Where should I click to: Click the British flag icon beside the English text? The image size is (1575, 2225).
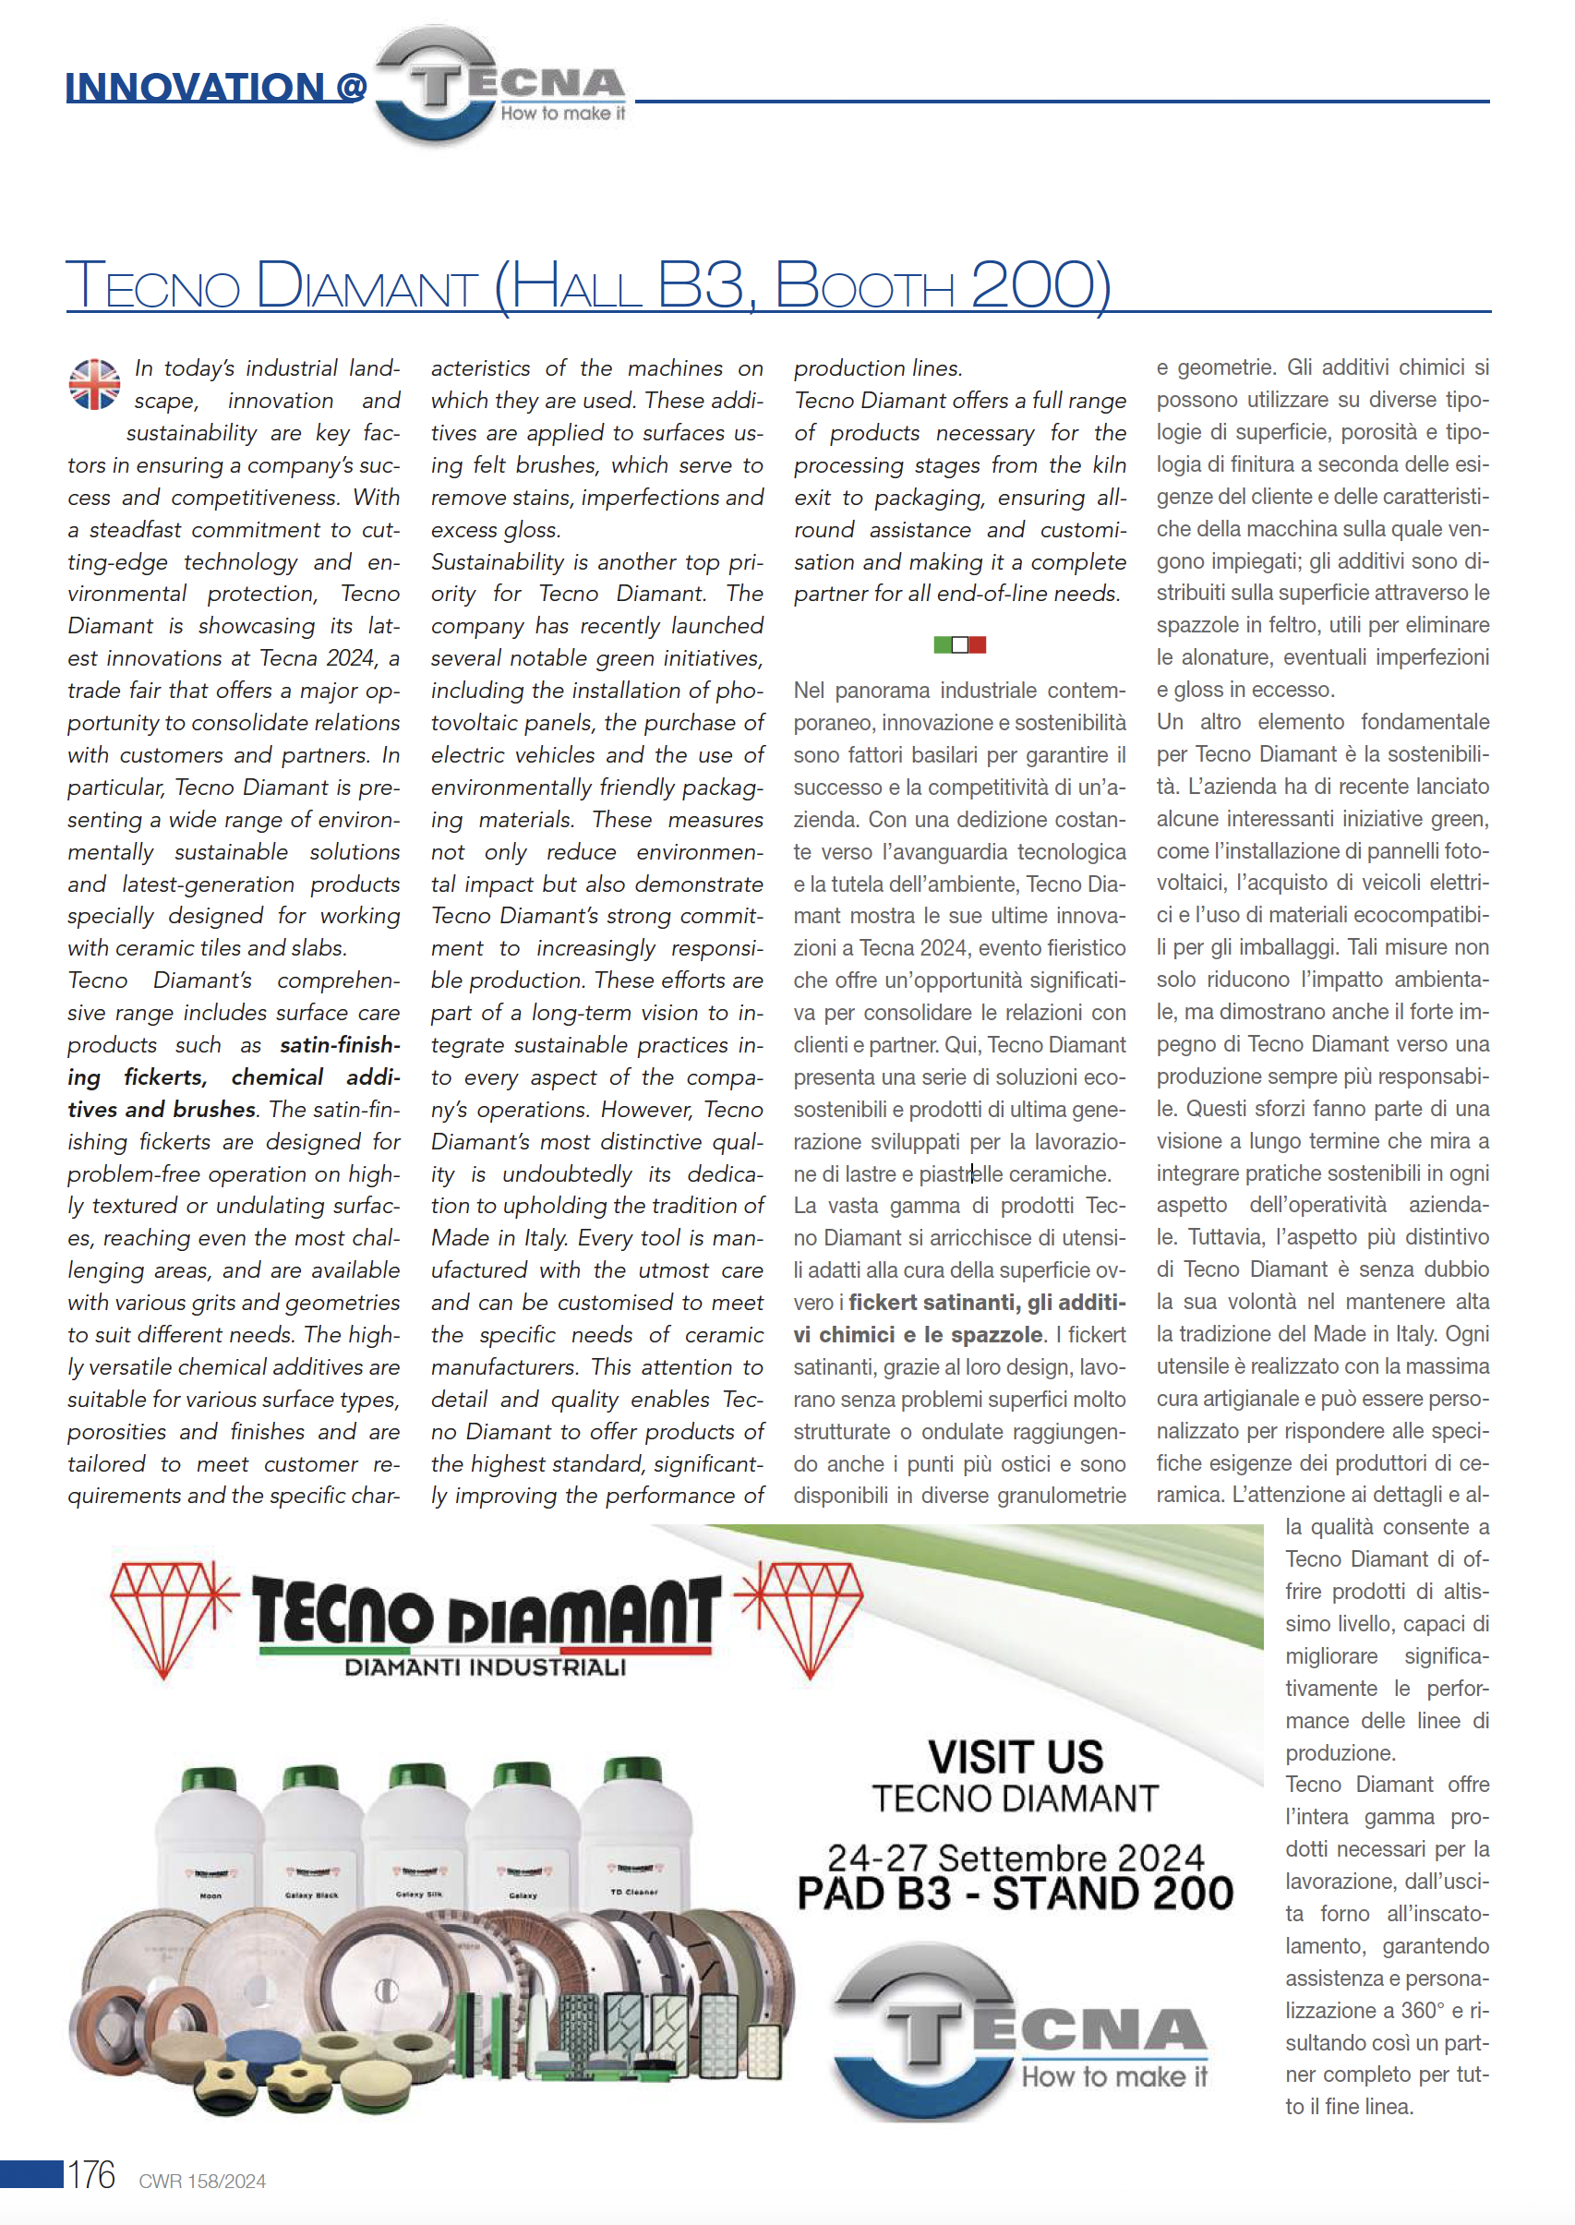tap(94, 384)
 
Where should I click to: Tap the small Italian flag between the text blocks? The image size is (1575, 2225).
tap(959, 645)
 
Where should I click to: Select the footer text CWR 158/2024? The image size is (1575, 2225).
tap(202, 2182)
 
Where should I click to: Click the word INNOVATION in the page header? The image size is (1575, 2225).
tap(195, 88)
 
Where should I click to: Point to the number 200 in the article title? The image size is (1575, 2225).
tap(1032, 285)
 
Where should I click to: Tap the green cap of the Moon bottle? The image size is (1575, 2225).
tap(209, 1780)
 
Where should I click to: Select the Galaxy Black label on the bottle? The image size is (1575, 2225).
tap(312, 1895)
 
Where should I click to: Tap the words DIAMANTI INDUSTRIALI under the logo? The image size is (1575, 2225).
tap(485, 1667)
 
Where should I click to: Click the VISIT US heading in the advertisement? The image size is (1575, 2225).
tap(1016, 1758)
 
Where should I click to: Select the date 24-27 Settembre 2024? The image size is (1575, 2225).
tap(1016, 1858)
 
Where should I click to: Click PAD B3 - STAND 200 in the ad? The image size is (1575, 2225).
tap(1016, 1894)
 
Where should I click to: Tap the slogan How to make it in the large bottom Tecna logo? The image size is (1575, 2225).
tap(1114, 2076)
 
